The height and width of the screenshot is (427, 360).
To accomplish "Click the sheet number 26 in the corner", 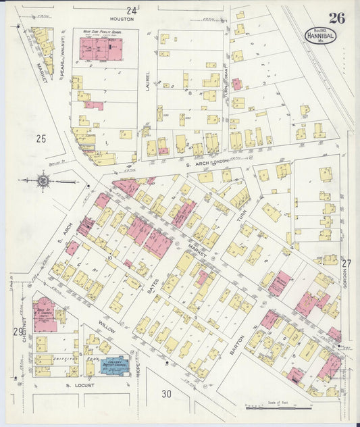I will point(336,18).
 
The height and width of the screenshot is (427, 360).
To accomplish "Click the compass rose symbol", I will point(43,180).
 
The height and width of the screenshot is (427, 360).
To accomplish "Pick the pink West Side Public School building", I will point(101,49).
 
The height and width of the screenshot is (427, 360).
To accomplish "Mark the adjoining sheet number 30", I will point(167,394).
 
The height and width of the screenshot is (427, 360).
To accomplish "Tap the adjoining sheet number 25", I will point(41,139).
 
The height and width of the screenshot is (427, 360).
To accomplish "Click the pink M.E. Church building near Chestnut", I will point(45,314).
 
